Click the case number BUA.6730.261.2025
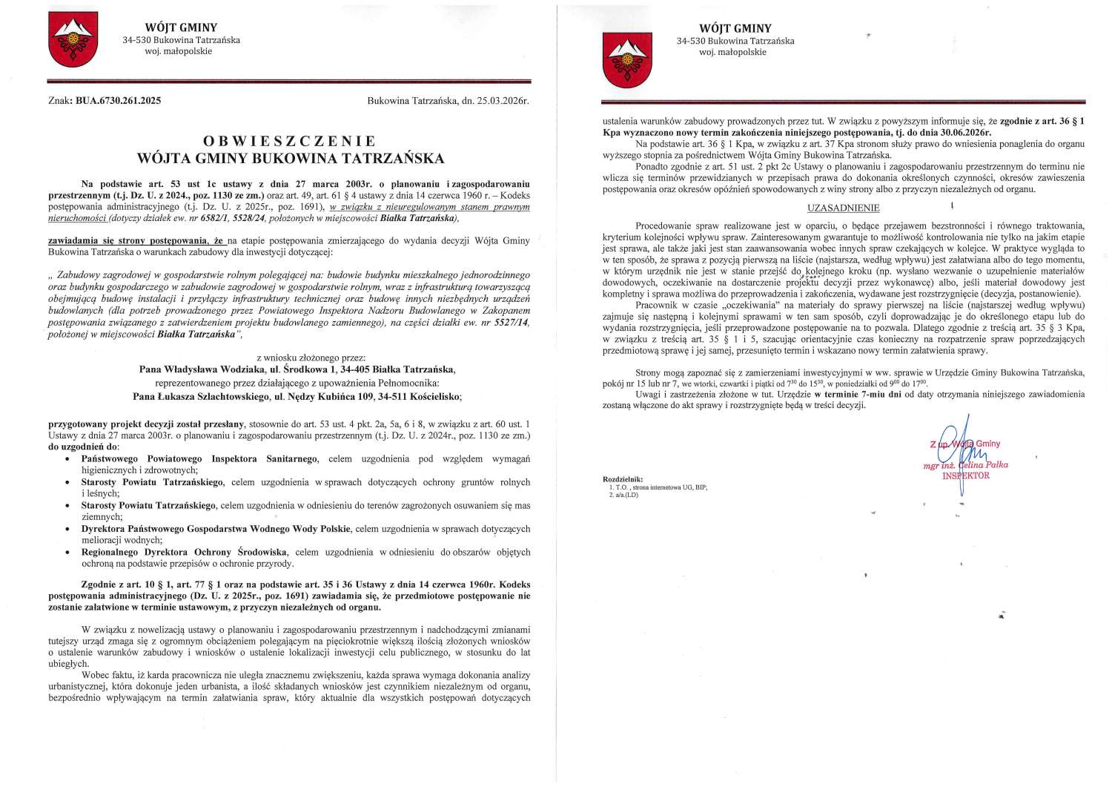click(118, 100)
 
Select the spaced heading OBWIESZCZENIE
click(289, 140)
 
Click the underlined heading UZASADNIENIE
click(843, 208)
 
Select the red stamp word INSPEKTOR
click(965, 475)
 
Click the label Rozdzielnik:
click(623, 479)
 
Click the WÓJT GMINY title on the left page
click(182, 27)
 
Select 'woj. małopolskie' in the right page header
click(735, 52)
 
